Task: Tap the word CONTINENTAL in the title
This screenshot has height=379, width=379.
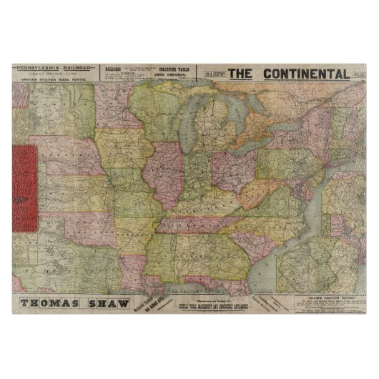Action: (305, 74)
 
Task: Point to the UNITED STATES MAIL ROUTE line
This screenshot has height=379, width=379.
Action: (53, 82)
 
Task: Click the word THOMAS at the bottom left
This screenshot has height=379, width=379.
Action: (51, 301)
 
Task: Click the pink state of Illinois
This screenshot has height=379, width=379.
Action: (166, 175)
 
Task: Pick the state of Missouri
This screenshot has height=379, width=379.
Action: (136, 197)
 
